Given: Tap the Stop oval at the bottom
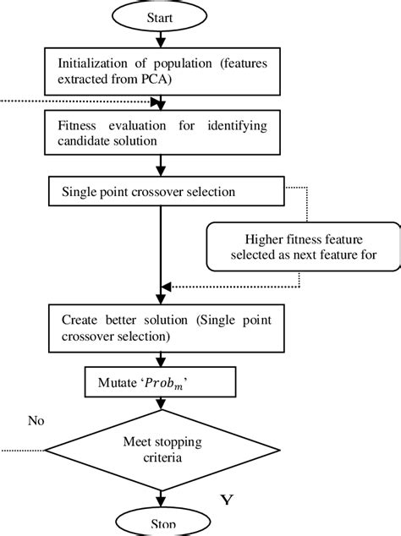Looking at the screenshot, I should (x=161, y=524).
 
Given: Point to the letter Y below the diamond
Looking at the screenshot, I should (x=226, y=501).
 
